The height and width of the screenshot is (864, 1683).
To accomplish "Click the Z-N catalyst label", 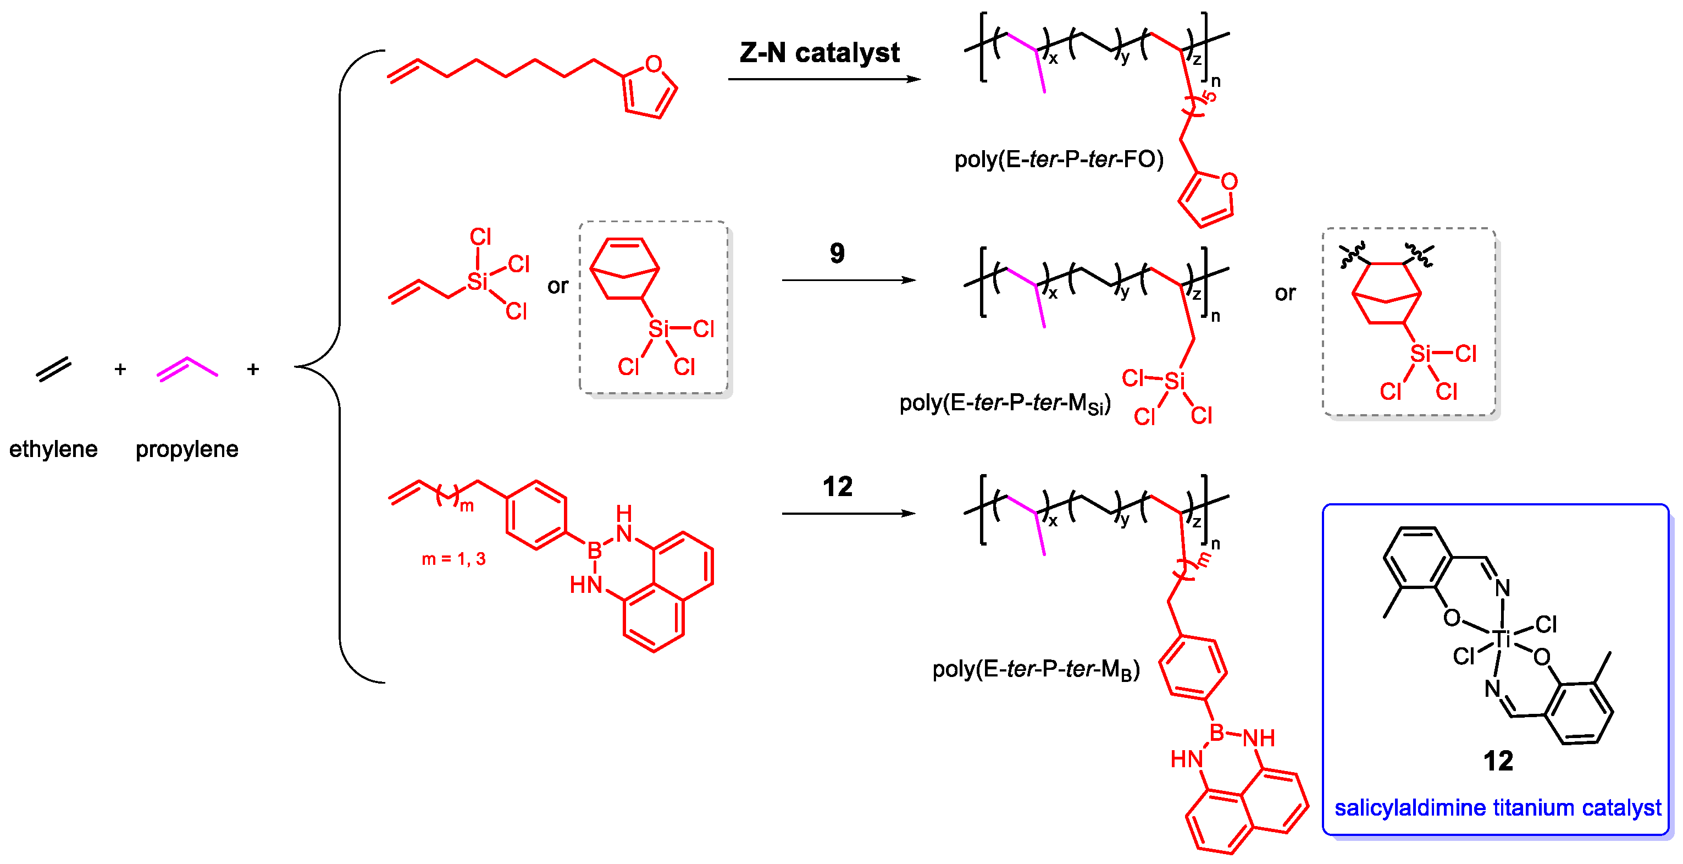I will click(820, 52).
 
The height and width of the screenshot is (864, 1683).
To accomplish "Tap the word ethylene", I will click(53, 449).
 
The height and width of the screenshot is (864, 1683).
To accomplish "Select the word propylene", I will click(187, 449).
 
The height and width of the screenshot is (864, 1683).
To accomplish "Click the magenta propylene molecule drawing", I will click(187, 368).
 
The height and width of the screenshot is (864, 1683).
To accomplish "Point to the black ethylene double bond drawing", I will click(53, 369).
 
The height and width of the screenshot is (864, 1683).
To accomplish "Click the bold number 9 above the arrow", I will click(837, 253).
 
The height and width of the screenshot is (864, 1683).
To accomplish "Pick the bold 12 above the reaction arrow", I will click(837, 487).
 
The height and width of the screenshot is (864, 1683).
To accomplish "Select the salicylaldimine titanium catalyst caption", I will click(1497, 808).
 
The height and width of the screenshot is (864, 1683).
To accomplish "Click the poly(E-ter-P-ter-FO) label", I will click(1059, 159).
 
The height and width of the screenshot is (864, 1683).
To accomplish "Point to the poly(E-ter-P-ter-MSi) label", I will click(1005, 403).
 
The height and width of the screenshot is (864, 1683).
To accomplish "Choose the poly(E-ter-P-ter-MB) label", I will click(1036, 669).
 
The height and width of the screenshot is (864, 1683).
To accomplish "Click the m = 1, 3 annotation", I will click(453, 559).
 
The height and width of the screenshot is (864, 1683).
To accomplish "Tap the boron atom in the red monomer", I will click(594, 551).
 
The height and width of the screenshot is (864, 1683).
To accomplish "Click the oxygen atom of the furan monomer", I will click(654, 64).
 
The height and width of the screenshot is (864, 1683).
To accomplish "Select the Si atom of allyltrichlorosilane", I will click(477, 282).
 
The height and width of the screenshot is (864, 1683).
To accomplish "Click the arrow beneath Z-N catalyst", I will click(823, 79).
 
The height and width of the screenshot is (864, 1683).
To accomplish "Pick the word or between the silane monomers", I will click(558, 286).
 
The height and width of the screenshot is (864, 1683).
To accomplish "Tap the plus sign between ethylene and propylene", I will click(120, 369).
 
